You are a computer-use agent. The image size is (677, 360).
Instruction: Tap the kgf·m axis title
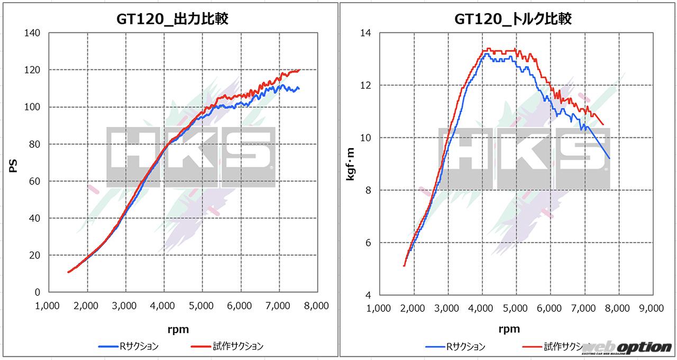click(351, 164)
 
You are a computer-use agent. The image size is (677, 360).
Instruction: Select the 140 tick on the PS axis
click(32, 33)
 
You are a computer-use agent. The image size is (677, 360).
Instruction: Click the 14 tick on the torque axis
click(365, 33)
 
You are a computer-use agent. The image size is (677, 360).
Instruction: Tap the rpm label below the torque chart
click(509, 329)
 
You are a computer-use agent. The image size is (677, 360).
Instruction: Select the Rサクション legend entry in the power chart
click(128, 347)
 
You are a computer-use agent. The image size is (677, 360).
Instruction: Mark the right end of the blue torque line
click(609, 158)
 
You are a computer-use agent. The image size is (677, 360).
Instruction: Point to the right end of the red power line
click(299, 70)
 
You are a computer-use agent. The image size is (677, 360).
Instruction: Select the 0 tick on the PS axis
click(38, 292)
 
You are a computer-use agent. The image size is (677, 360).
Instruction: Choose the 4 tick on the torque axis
click(368, 295)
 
